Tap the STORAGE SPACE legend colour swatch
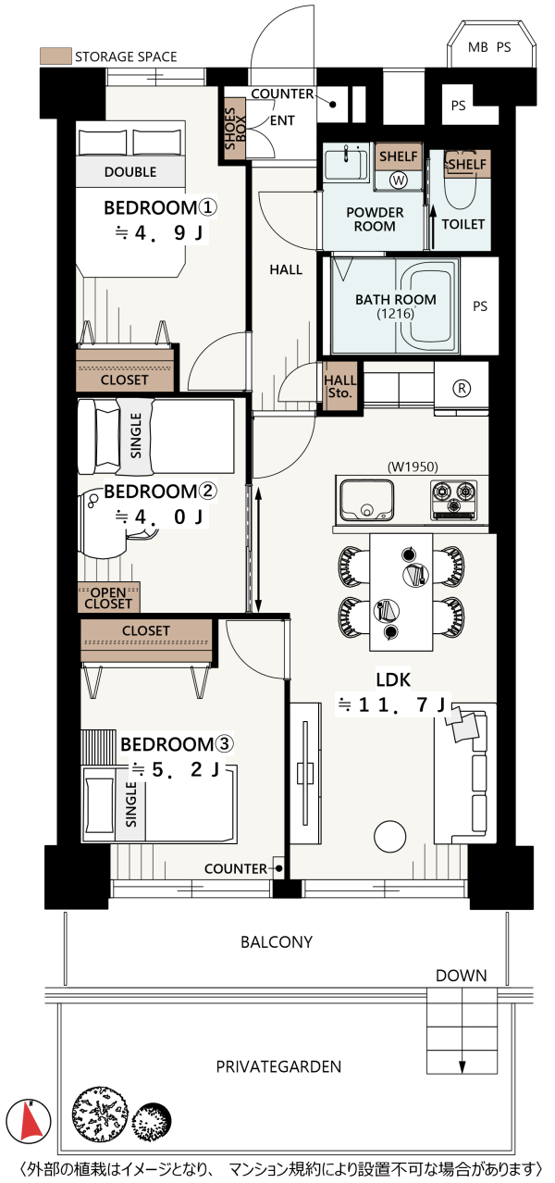[x=55, y=56]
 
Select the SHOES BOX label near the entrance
[x=235, y=129]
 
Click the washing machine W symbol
[x=399, y=181]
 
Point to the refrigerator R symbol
[x=461, y=389]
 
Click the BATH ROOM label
[x=396, y=300]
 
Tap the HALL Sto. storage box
[x=339, y=386]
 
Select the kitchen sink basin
[x=366, y=500]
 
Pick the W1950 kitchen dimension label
[x=413, y=467]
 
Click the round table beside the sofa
[x=389, y=837]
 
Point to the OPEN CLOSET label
[x=108, y=598]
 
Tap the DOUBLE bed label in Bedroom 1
[x=130, y=172]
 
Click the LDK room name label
[x=393, y=679]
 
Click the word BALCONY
[x=277, y=942]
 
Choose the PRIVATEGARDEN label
[x=278, y=1066]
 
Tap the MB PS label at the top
[x=489, y=47]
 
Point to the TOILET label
[x=463, y=224]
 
